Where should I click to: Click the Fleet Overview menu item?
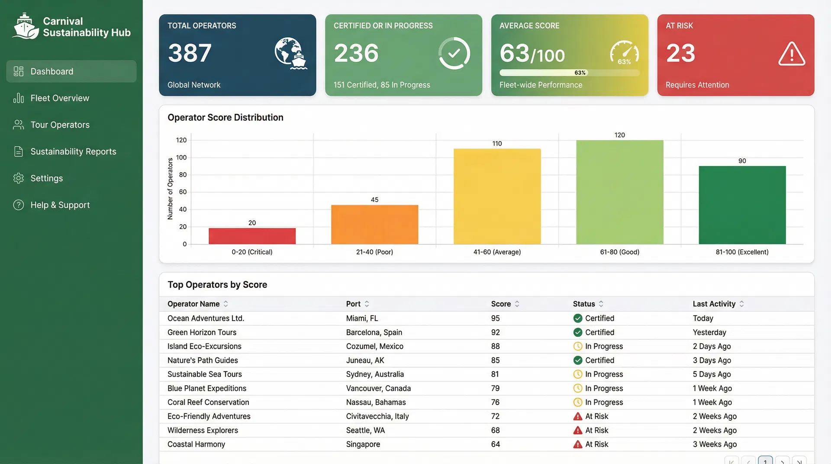[x=60, y=98]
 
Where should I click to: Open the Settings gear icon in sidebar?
[x=18, y=178]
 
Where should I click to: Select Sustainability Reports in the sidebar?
[x=73, y=151]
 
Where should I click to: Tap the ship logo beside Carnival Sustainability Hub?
[x=25, y=26]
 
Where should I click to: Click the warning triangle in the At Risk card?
[x=792, y=54]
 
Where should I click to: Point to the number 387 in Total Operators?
[x=190, y=53]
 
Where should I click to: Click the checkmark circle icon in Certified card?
[x=454, y=53]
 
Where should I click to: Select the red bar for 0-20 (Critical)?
[x=252, y=236]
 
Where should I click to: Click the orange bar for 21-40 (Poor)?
[x=374, y=224]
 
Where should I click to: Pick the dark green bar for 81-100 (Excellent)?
[x=742, y=205]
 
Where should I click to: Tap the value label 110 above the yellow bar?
[x=497, y=144]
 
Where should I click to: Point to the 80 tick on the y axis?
[x=183, y=175]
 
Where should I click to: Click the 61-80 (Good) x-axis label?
[x=619, y=252]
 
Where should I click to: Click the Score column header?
[x=501, y=304]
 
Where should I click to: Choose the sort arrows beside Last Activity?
[x=741, y=304]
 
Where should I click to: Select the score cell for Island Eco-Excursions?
[x=495, y=346]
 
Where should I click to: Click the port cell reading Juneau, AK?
[x=365, y=360]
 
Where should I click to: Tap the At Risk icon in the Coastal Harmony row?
[x=577, y=444]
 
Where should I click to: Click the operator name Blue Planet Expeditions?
[x=206, y=388]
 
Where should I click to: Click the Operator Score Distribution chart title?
[x=225, y=117]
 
